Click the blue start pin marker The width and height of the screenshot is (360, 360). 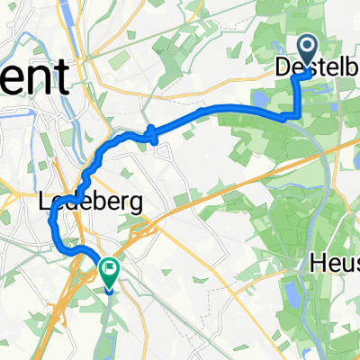(x=307, y=50)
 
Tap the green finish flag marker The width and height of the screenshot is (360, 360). (x=110, y=266)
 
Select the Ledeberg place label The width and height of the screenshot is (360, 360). (x=93, y=203)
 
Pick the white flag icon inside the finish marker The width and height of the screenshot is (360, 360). (x=110, y=265)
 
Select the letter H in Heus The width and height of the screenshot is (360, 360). (x=318, y=265)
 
